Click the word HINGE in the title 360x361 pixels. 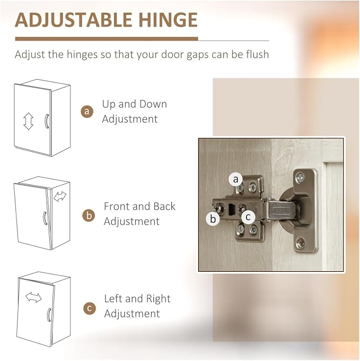(168, 20)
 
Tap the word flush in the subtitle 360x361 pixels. (258, 54)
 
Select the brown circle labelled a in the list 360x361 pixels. (87, 111)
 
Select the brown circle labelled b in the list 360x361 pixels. (89, 216)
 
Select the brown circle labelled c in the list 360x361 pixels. (90, 308)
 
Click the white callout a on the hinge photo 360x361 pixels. (235, 179)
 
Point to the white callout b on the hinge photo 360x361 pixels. (213, 219)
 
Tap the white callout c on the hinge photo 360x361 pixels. (248, 217)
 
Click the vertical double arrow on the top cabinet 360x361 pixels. (29, 121)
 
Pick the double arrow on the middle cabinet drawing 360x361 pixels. (60, 196)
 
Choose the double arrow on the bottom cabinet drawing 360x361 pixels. (33, 297)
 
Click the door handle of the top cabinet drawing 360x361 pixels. (47, 121)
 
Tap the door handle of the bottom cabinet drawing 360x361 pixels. (49, 315)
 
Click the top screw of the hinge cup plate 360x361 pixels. (300, 177)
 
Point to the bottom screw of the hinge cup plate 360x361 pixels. (300, 243)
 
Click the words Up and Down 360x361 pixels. (135, 104)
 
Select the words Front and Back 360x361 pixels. (139, 207)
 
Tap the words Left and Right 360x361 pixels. (137, 299)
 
